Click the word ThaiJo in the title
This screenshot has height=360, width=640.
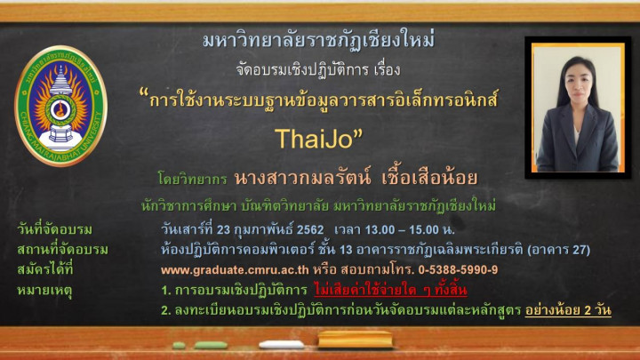(314, 139)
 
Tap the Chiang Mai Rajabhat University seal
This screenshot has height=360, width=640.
(60, 105)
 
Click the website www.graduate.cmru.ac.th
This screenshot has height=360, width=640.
(235, 270)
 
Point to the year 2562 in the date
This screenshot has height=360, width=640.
(310, 230)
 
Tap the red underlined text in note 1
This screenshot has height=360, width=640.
(390, 290)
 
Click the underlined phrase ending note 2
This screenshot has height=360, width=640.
(568, 310)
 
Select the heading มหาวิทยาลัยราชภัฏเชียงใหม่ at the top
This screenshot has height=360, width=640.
(319, 40)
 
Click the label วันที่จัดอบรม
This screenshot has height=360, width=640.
(55, 229)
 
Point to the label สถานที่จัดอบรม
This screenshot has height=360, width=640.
(62, 250)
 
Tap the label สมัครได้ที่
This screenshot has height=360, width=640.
(45, 270)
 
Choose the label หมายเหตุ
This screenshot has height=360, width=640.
(44, 291)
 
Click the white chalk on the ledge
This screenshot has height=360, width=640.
(281, 345)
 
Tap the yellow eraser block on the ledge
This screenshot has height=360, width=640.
(355, 340)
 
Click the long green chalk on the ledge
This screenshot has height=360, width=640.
(211, 346)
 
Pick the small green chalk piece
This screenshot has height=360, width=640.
(179, 346)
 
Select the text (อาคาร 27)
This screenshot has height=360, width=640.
(558, 250)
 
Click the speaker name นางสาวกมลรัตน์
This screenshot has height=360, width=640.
(302, 178)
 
